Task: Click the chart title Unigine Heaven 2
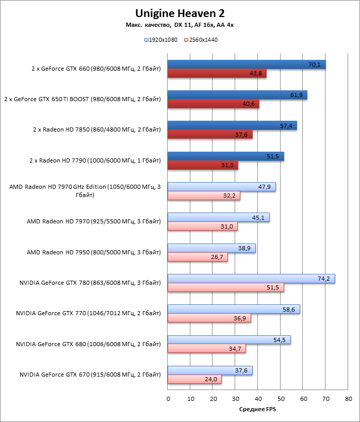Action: [x=180, y=13]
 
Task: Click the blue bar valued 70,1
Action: [x=247, y=64]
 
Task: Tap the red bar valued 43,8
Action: [x=217, y=74]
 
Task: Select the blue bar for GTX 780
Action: [x=251, y=279]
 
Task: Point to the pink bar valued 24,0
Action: [x=194, y=380]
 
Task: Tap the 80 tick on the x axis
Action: [x=349, y=399]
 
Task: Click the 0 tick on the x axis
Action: [x=168, y=399]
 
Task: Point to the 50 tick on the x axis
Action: [x=281, y=399]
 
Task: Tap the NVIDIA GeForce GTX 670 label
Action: [x=90, y=375]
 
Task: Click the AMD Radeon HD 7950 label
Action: [x=94, y=252]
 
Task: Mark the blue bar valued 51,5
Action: [x=226, y=156]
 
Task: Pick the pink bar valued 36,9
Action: [x=209, y=318]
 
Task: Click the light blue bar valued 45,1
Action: [x=219, y=217]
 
